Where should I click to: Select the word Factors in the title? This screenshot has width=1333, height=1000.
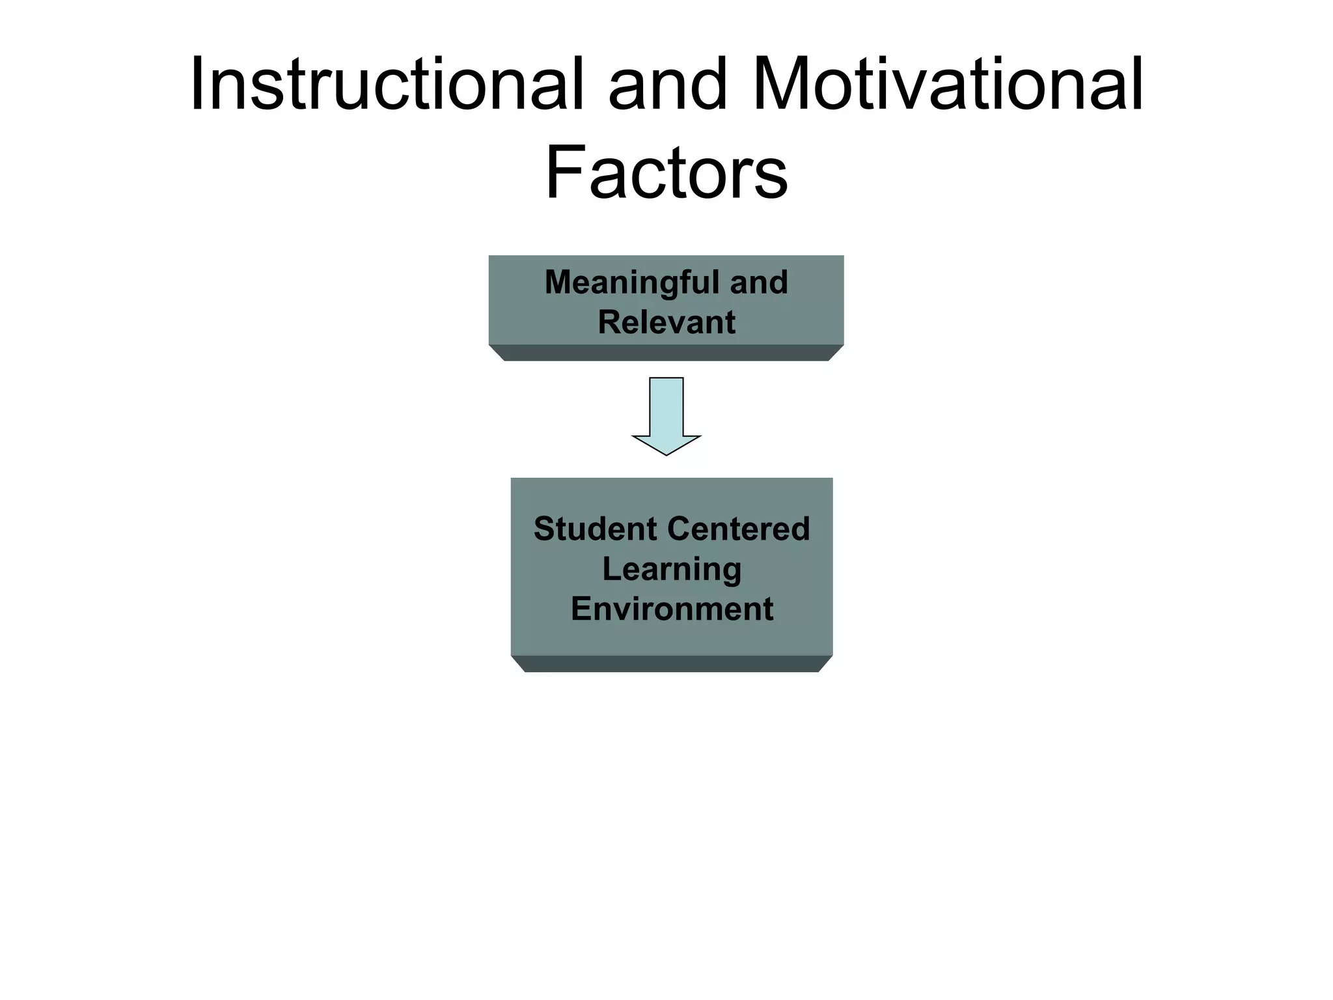666,173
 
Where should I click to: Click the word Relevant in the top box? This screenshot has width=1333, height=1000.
666,323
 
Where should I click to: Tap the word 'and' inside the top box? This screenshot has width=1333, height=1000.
758,283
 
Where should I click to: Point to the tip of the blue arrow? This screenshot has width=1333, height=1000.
666,453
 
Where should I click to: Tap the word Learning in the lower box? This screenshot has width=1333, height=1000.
672,570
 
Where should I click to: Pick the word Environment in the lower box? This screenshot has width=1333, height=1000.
672,609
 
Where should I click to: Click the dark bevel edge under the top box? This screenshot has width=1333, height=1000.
666,353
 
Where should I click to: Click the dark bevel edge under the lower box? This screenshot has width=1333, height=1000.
672,663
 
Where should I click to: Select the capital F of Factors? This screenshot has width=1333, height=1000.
564,173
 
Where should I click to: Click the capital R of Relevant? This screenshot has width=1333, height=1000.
609,323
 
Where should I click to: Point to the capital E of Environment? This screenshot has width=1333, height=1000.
581,609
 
